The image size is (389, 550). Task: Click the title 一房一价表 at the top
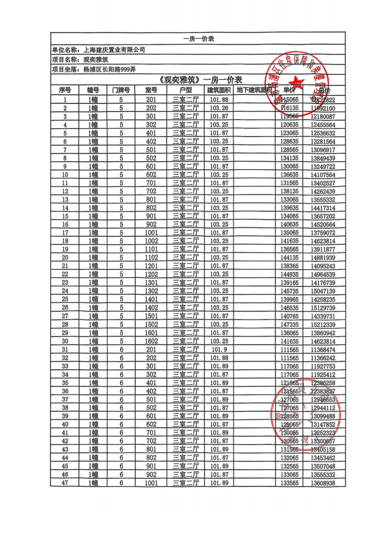(198, 39)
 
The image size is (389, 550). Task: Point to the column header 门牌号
(121, 90)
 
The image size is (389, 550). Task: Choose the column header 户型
(186, 90)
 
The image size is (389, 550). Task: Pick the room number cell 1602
(151, 341)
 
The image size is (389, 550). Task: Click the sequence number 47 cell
(65, 482)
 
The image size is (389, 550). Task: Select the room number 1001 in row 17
(151, 233)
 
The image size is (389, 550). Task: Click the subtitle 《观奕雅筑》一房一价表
(198, 80)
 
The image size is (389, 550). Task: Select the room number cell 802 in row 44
(151, 458)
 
